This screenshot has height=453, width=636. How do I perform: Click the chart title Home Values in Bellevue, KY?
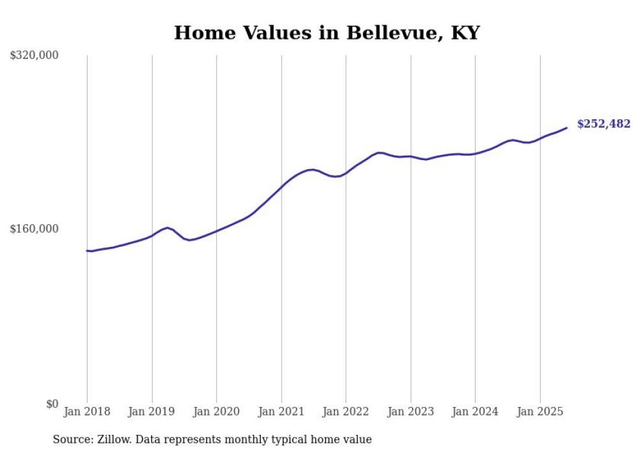click(326, 33)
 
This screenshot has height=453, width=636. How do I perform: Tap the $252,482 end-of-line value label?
click(604, 124)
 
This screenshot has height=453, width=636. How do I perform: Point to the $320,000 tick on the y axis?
click(34, 56)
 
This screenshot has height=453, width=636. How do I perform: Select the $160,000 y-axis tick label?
click(34, 229)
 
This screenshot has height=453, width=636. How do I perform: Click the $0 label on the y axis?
click(52, 404)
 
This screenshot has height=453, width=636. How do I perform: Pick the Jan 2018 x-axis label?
click(87, 412)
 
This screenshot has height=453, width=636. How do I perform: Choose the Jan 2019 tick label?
click(152, 412)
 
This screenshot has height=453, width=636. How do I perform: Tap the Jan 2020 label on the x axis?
click(216, 412)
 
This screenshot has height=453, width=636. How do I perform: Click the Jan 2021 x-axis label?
click(281, 412)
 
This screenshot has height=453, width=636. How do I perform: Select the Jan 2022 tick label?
click(346, 412)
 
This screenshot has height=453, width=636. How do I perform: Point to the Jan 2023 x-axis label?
click(410, 412)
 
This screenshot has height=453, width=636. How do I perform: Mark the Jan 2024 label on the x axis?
click(475, 412)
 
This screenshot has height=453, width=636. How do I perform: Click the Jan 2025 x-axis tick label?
click(539, 412)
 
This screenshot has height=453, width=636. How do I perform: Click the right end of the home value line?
click(567, 128)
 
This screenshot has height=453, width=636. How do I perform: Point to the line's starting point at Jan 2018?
click(88, 251)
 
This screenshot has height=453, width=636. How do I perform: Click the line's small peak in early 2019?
click(167, 227)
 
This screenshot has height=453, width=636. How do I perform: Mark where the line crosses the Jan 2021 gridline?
click(281, 187)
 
